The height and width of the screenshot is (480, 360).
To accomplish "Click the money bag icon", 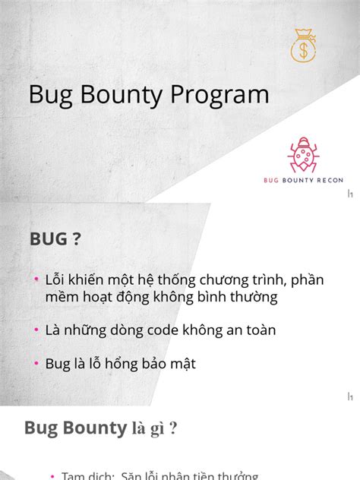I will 305,46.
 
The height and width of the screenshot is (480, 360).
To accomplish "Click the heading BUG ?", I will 55,239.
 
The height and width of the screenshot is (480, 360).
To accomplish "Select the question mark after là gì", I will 174,428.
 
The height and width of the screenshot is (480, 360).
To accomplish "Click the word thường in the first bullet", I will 252,298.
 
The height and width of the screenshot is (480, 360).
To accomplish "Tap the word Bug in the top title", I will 49,95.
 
